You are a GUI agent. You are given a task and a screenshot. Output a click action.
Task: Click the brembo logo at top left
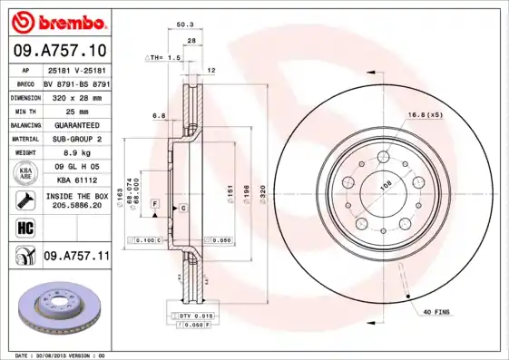pyautogui.click(x=56, y=19)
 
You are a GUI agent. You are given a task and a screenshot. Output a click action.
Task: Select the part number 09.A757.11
pyautogui.click(x=76, y=257)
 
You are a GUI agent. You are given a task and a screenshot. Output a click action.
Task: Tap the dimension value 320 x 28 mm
pyautogui.click(x=76, y=96)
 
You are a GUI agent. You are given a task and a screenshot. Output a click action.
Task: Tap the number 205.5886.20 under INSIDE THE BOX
pyautogui.click(x=76, y=206)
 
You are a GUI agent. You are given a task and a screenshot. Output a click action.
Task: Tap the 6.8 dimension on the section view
pyautogui.click(x=158, y=115)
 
